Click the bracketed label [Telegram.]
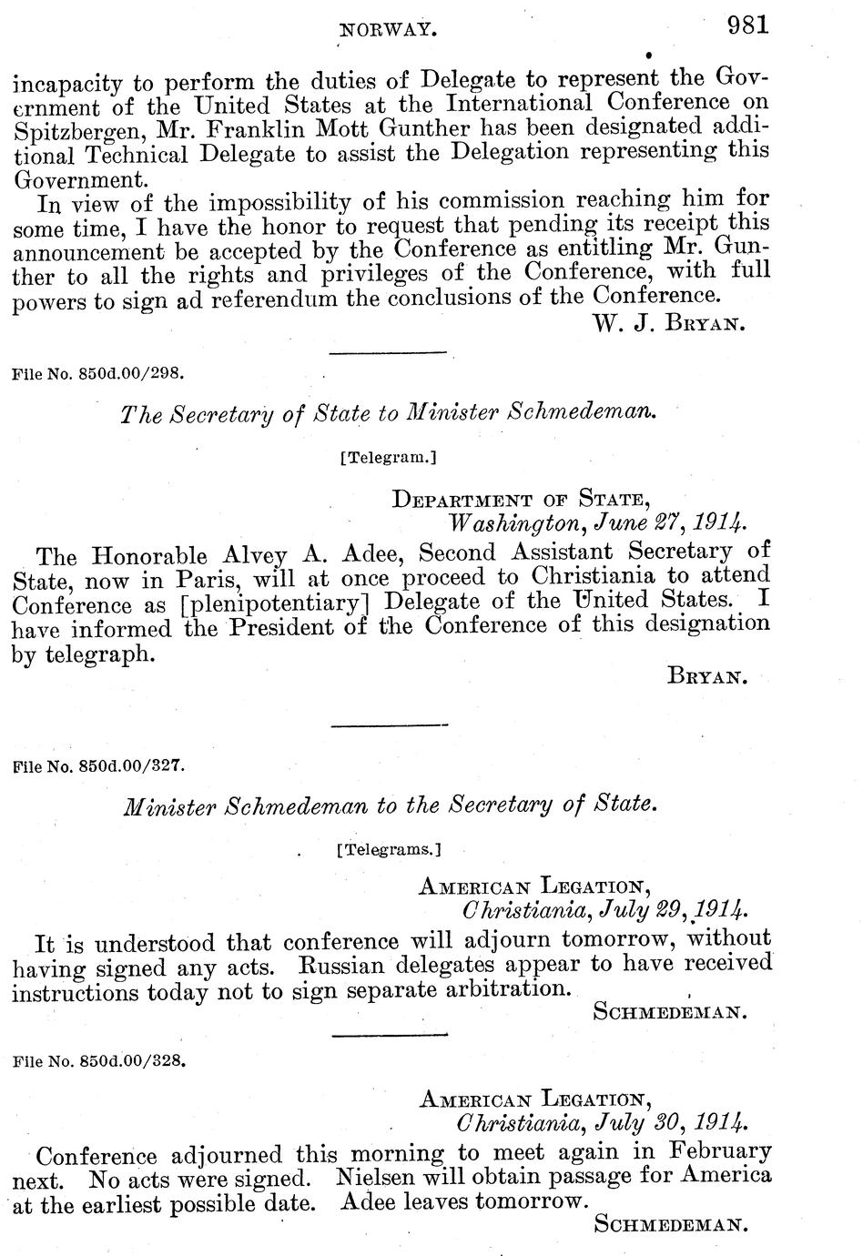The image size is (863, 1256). [x=389, y=458]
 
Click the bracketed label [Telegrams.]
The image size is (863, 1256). [x=389, y=850]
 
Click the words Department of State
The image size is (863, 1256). [x=520, y=499]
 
